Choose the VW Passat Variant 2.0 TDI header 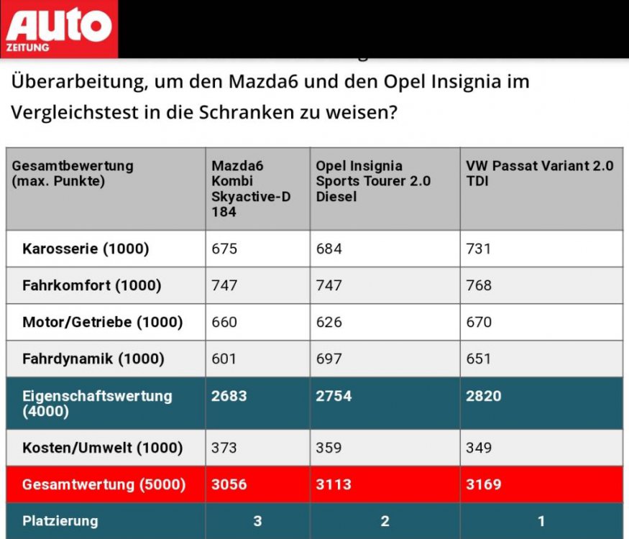540,173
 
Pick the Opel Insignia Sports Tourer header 373,181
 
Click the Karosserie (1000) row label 86,249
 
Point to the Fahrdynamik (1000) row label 93,359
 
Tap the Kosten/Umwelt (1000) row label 102,448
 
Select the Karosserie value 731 479,249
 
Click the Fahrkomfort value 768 479,285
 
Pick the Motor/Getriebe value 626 329,322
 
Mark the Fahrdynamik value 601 224,359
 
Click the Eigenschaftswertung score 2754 334,396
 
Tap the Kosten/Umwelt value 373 224,448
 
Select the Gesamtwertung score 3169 484,484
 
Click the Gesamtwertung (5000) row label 104,484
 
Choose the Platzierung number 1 541,521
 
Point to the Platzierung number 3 257,521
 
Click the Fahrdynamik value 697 329,359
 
